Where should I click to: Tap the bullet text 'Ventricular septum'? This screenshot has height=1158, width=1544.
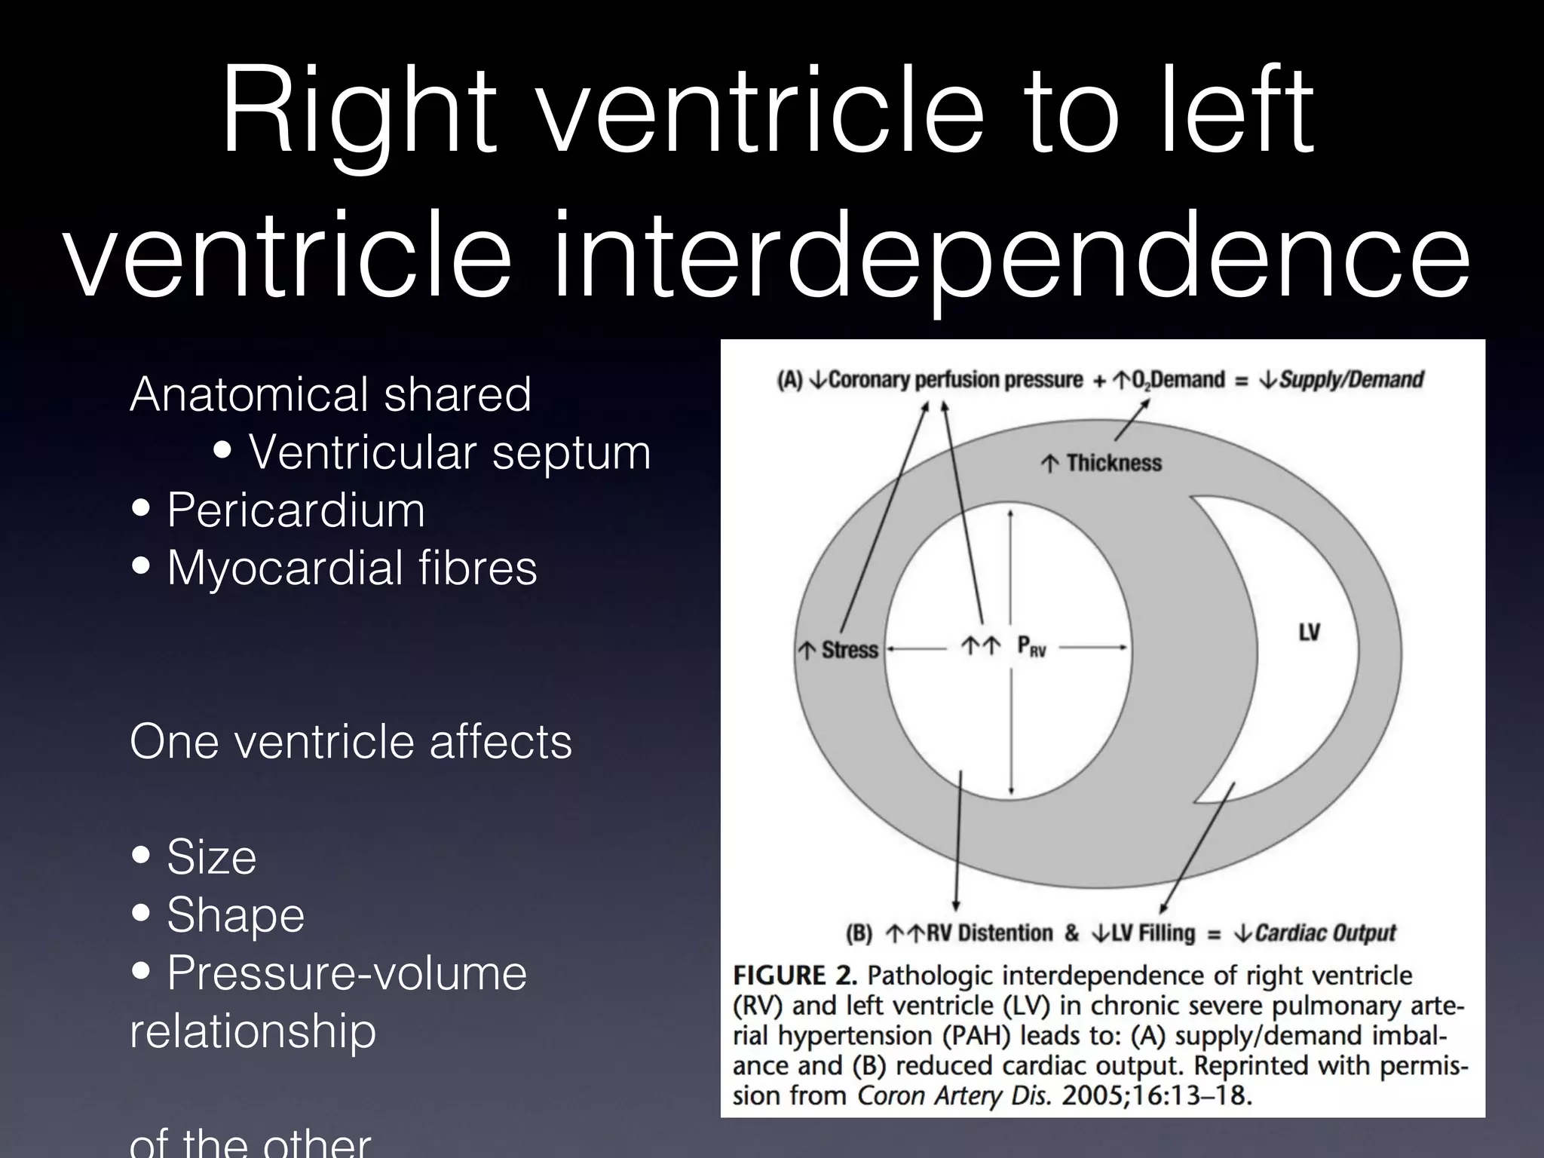450,452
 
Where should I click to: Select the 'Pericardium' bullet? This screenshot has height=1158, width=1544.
296,510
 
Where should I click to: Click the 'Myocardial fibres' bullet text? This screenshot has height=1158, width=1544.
351,568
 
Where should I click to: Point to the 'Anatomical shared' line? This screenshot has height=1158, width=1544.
330,394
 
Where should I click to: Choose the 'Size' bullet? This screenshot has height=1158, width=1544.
211,857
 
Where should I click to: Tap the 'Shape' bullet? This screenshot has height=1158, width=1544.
235,915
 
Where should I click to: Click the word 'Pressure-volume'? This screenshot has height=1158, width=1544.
347,973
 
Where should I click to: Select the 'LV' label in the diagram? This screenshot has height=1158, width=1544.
1309,632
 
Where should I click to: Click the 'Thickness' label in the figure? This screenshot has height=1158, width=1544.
1113,463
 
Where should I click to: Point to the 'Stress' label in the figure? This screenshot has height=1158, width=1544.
849,650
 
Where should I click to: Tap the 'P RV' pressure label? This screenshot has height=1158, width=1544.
1031,646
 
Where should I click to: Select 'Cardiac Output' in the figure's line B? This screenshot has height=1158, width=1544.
1325,933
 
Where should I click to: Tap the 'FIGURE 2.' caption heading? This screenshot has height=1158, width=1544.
795,976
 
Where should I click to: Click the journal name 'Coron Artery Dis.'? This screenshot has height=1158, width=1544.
954,1095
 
